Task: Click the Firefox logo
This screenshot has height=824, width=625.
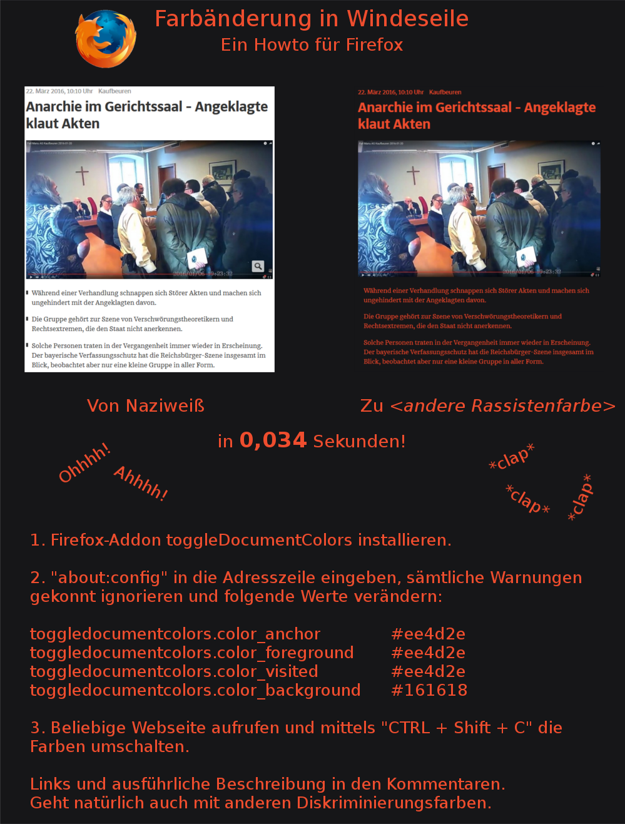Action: pyautogui.click(x=105, y=39)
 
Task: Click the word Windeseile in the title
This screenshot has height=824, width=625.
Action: pyautogui.click(x=408, y=19)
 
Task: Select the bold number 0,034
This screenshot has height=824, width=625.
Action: pyautogui.click(x=273, y=440)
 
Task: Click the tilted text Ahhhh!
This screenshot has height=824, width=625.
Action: pyautogui.click(x=141, y=484)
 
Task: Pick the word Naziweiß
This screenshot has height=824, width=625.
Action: pyautogui.click(x=165, y=406)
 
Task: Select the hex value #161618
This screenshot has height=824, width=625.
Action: pyautogui.click(x=429, y=690)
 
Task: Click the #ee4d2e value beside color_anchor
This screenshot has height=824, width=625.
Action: pyautogui.click(x=428, y=634)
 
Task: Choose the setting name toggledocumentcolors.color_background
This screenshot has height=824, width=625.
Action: pyautogui.click(x=195, y=690)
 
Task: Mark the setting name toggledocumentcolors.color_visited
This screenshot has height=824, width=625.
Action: pyautogui.click(x=174, y=671)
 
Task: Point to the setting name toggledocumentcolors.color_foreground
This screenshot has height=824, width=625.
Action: pyautogui.click(x=192, y=653)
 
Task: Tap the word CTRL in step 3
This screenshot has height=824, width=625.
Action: pyautogui.click(x=409, y=728)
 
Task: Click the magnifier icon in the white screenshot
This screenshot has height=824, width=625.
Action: pyautogui.click(x=258, y=266)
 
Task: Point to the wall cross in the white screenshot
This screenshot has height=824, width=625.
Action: pyautogui.click(x=82, y=176)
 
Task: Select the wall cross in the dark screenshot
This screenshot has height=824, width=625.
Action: pyautogui.click(x=413, y=176)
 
